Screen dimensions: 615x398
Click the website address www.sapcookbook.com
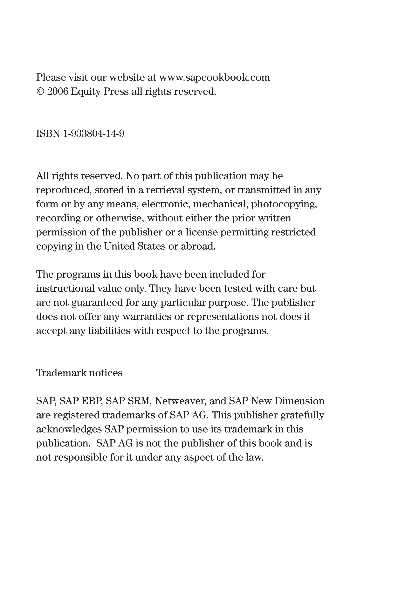click(214, 78)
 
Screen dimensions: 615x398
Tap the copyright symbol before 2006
click(40, 92)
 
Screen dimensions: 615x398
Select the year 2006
click(58, 92)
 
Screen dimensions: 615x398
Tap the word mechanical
click(221, 204)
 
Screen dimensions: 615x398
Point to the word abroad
click(198, 246)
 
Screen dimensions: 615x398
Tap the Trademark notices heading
click(79, 373)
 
